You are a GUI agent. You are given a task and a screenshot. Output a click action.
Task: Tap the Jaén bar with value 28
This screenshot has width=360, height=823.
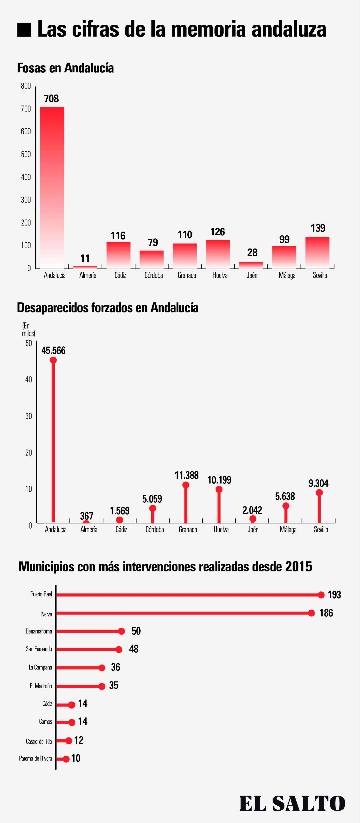[251, 265]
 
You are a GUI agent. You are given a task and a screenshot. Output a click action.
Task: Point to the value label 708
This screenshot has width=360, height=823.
[51, 99]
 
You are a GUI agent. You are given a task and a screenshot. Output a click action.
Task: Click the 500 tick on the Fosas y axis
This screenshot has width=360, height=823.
[26, 154]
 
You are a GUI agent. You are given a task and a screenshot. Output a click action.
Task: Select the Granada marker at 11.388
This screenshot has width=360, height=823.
[186, 485]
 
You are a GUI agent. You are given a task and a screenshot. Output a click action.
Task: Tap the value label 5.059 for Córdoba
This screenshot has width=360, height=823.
[152, 499]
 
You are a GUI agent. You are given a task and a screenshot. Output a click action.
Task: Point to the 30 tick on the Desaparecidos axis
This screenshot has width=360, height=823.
[29, 416]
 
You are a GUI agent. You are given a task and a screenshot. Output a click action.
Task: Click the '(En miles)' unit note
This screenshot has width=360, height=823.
[28, 329]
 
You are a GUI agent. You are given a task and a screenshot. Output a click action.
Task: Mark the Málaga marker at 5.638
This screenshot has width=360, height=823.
[286, 506]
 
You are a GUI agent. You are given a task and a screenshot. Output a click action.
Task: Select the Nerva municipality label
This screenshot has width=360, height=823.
[47, 614]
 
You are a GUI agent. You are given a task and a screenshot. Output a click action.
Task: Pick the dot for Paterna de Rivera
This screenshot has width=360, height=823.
[66, 759]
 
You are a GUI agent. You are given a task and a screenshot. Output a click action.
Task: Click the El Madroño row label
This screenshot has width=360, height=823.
[41, 686]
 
